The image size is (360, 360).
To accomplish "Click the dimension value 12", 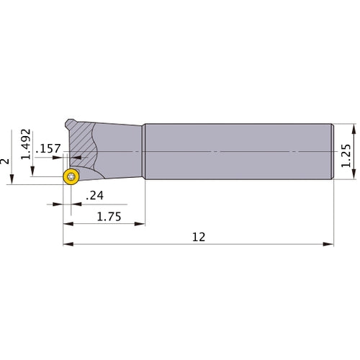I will click(199, 235).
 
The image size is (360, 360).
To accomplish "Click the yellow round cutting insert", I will click(71, 178).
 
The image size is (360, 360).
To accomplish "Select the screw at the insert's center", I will click(71, 178).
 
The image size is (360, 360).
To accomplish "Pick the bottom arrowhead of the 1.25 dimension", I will click(354, 180).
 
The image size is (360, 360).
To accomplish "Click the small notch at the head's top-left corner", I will click(69, 121).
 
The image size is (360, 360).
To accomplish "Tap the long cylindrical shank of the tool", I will click(238, 153).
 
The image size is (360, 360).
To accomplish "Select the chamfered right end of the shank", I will click(333, 153).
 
